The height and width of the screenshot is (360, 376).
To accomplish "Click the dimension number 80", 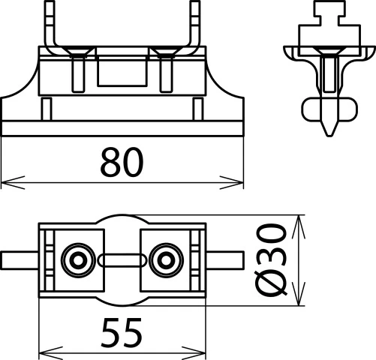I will click(122, 162).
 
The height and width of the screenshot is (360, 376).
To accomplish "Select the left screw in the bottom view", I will click(77, 260).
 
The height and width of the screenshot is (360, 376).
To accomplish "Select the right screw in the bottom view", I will click(164, 260).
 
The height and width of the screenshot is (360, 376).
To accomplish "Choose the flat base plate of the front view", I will click(122, 127).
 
